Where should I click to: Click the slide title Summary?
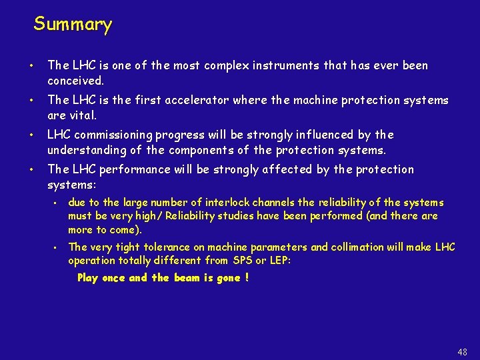pos(73,25)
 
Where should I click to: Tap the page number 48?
pos(463,352)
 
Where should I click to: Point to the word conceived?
pos(75,81)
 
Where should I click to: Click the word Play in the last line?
pos(87,278)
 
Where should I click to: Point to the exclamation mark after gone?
pos(247,278)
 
